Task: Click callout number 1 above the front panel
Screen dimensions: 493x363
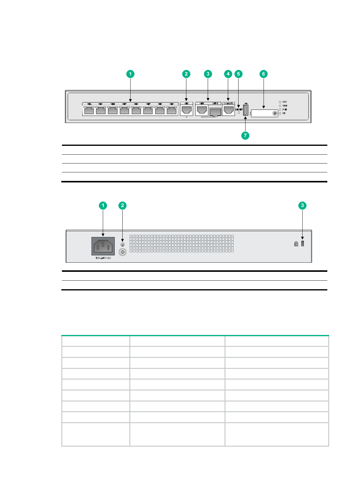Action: tap(130, 74)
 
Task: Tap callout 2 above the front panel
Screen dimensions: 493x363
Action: tap(186, 74)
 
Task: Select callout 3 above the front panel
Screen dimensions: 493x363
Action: tap(208, 74)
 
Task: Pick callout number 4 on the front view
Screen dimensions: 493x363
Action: tap(228, 74)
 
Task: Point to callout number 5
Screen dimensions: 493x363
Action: tap(239, 74)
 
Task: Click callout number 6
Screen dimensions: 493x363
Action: tap(264, 74)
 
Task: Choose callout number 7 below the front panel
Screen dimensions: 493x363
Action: tap(245, 135)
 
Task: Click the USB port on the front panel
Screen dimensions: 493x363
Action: tap(246, 110)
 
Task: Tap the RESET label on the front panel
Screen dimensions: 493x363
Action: tap(239, 109)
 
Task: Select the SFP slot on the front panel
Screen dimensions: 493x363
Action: tap(215, 112)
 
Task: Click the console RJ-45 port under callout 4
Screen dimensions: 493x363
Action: tap(228, 110)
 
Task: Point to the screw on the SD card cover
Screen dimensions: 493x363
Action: tap(275, 113)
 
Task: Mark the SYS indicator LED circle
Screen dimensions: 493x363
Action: tap(280, 102)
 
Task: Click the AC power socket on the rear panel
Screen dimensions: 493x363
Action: tap(103, 246)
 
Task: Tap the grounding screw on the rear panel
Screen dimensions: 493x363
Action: tap(123, 252)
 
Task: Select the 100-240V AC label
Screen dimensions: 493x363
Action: tap(103, 258)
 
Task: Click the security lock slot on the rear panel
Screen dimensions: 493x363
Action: tap(303, 243)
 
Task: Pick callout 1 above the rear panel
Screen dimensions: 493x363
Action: tap(103, 206)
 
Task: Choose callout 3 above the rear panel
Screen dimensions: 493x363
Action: tap(302, 206)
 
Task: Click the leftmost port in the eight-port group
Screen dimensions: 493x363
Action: tap(89, 110)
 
